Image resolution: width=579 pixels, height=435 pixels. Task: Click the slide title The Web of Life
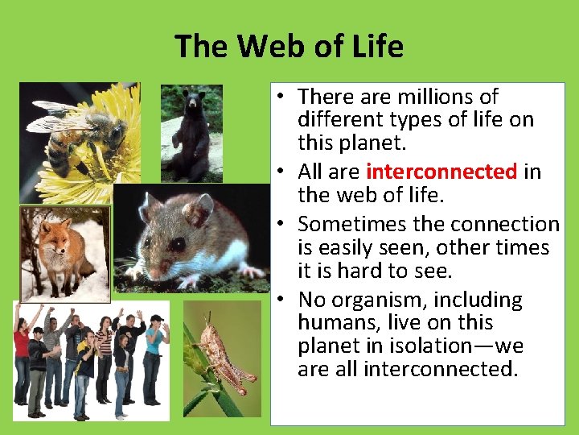289,47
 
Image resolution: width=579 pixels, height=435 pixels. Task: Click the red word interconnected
441,172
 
